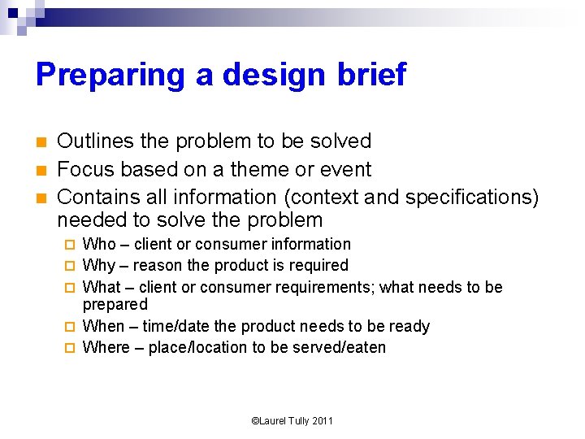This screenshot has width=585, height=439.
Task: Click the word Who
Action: pos(100,244)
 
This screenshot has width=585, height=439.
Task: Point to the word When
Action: pos(104,326)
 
